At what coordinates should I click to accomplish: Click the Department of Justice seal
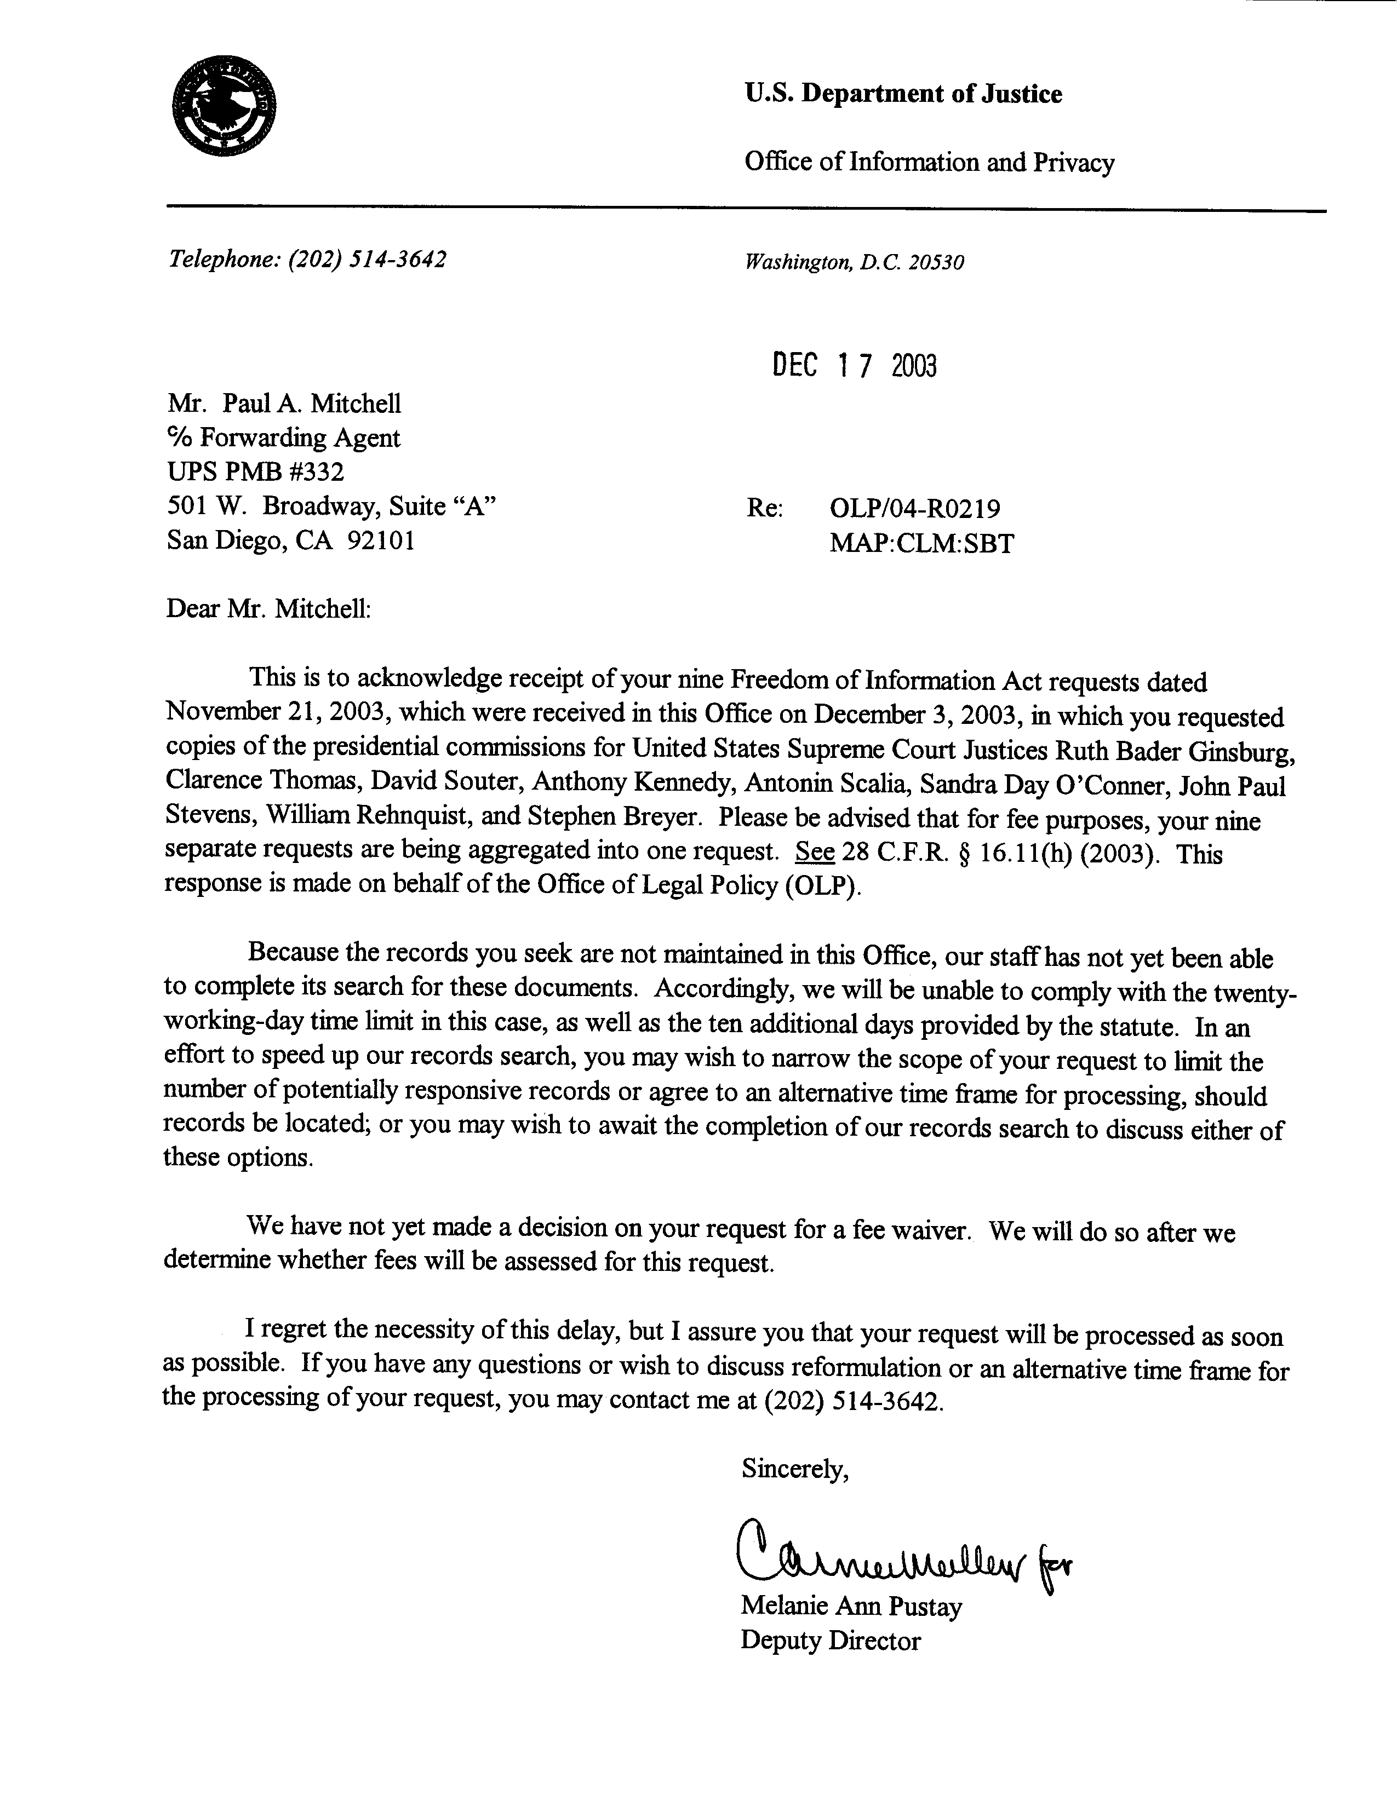coord(224,106)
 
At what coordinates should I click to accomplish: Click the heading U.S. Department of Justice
coord(903,94)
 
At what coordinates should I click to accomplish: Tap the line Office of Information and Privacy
coord(929,162)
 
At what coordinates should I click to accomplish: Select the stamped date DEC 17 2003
coord(854,365)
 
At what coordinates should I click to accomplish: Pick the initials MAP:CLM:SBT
coord(921,544)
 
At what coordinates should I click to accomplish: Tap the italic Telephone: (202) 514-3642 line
coord(308,260)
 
